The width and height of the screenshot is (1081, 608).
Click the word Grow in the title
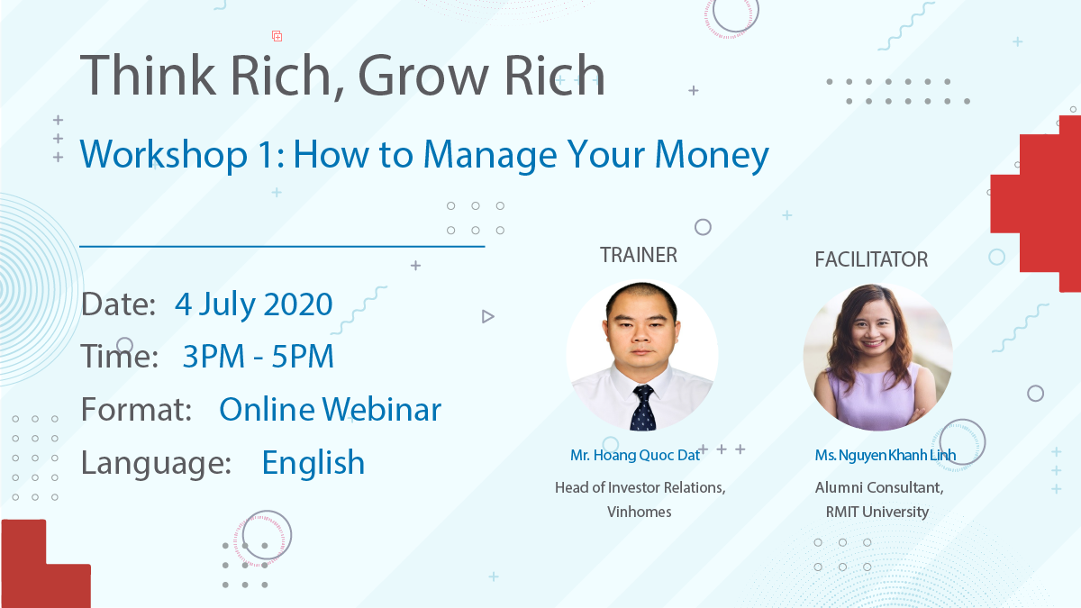[423, 77]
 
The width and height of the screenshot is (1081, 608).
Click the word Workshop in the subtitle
[164, 154]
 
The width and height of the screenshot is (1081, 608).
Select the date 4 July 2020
[253, 304]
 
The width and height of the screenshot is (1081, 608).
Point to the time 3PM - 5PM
[259, 356]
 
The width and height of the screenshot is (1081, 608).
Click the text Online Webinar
[330, 409]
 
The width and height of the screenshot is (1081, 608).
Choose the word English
[313, 463]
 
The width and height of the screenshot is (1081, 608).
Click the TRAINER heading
[639, 255]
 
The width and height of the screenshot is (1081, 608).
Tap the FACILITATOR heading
[871, 259]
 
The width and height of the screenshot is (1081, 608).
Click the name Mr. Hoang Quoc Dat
[634, 455]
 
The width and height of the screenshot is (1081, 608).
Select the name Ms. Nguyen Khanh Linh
[885, 455]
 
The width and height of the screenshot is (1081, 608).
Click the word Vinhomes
[639, 512]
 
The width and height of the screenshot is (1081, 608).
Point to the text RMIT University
[877, 512]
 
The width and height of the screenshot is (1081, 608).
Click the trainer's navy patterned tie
[643, 408]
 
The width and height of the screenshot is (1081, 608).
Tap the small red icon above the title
[277, 36]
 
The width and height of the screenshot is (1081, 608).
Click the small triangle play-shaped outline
[487, 316]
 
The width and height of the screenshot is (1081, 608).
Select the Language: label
[156, 463]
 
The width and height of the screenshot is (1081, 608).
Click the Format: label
[136, 409]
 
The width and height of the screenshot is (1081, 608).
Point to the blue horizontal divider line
[282, 247]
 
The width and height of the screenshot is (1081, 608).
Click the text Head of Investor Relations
[640, 487]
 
